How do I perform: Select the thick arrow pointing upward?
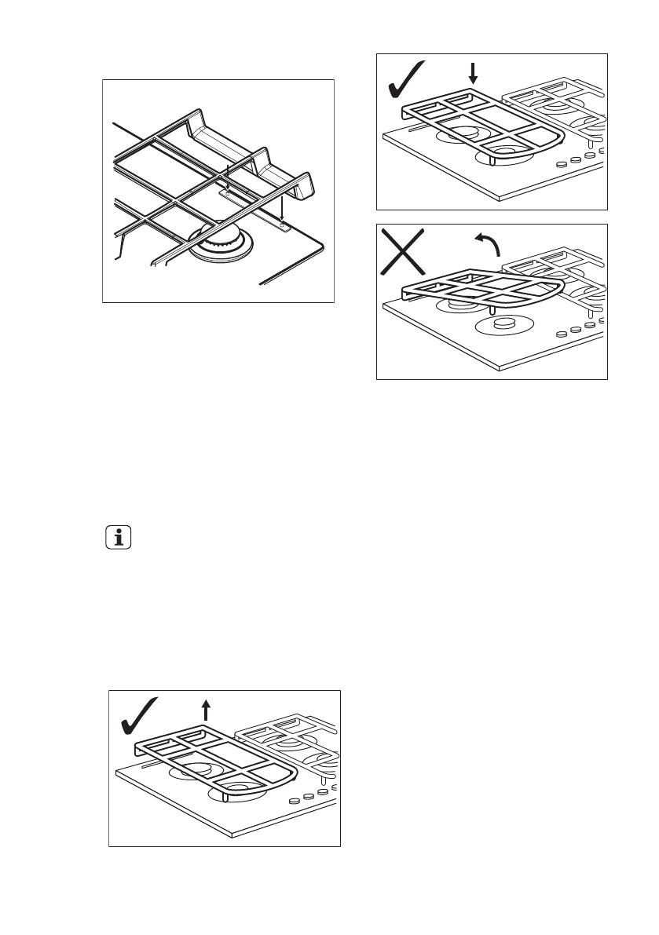[x=206, y=710]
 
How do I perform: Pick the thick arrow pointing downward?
[x=472, y=74]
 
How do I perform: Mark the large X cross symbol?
[x=405, y=250]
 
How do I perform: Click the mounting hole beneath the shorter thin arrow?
[x=228, y=189]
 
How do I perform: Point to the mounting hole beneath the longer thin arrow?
[x=281, y=228]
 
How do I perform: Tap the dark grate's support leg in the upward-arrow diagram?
[x=225, y=796]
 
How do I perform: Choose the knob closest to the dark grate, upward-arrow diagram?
[x=293, y=802]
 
